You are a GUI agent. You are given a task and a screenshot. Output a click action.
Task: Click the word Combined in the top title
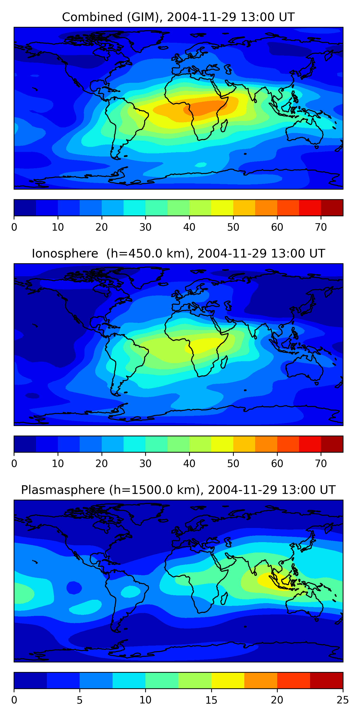coord(92,17)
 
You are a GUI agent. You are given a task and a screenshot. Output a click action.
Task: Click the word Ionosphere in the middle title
coord(65,253)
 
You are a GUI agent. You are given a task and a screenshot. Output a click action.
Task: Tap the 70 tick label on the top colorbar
coord(321,227)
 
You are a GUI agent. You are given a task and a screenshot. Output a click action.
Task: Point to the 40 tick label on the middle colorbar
coord(189,464)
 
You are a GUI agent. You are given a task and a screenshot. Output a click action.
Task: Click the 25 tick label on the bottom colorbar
coord(342,700)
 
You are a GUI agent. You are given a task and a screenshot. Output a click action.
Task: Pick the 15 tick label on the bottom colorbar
coord(211,700)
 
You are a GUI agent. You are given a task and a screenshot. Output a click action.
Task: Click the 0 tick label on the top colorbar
coord(14,227)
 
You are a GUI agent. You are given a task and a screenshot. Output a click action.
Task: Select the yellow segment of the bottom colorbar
coord(228,680)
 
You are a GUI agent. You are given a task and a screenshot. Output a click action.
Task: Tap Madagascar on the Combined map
coord(224,126)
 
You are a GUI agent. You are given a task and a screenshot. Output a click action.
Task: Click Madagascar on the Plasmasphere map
coord(224,599)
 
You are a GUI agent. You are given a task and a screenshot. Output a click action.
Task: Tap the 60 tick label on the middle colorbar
coord(277,464)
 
